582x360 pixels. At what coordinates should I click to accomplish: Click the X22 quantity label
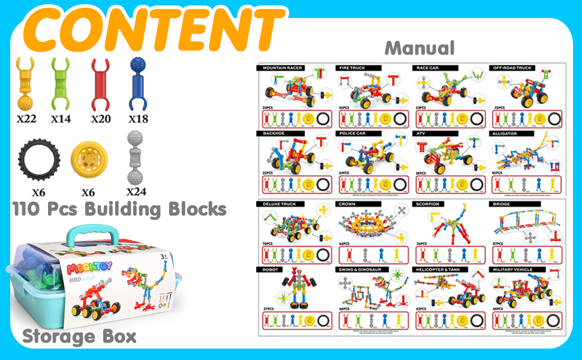tap(26, 119)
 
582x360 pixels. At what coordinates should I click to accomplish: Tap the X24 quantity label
tap(137, 192)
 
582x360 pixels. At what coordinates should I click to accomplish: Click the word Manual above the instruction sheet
tap(419, 48)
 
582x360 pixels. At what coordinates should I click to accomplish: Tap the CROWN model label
tap(347, 204)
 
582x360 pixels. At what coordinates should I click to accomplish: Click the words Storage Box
tap(79, 336)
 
